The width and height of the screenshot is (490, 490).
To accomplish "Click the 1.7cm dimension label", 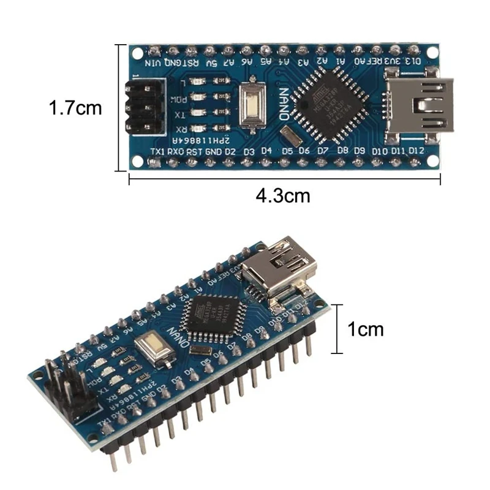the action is (75, 108).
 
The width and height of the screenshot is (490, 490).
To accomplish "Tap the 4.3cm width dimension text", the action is (283, 196).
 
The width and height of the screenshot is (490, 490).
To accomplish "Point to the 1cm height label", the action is (366, 329).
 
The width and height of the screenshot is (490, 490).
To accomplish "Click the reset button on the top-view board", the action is (250, 105).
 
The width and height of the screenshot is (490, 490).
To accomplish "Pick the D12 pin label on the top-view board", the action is (417, 151).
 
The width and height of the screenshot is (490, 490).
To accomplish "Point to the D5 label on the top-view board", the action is (287, 151).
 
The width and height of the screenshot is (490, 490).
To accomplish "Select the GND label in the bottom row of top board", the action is (213, 151).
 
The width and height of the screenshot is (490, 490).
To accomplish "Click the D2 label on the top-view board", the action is (230, 151).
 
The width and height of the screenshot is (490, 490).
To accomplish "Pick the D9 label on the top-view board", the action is (360, 151).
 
